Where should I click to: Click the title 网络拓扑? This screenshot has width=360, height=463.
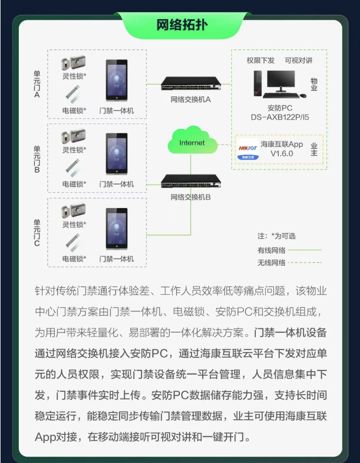point(182,26)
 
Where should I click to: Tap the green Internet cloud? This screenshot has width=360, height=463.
point(192,141)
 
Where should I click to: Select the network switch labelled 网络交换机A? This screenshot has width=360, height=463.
point(191,84)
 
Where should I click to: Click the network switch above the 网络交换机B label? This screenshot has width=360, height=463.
point(191,181)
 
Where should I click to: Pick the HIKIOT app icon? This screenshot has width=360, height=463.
point(248,149)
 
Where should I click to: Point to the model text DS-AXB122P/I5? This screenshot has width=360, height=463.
point(280,117)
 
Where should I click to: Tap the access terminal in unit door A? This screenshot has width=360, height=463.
point(117,80)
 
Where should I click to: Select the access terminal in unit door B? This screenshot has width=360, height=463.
point(117,154)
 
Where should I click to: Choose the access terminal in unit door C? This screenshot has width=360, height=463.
point(117,229)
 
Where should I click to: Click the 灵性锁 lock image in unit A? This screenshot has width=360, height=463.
point(73,63)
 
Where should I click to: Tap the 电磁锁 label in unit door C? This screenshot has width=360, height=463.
point(74,259)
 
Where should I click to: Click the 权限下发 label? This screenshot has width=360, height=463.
point(261,61)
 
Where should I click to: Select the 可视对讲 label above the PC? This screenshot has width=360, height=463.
point(298,61)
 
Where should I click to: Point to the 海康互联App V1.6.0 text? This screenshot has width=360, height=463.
point(282,149)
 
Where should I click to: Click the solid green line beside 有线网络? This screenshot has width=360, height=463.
point(305,250)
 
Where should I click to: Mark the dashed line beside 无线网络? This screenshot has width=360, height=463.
point(305,262)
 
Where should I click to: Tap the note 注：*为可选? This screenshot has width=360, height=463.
point(277,236)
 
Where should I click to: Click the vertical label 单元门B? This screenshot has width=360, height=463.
point(37,159)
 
